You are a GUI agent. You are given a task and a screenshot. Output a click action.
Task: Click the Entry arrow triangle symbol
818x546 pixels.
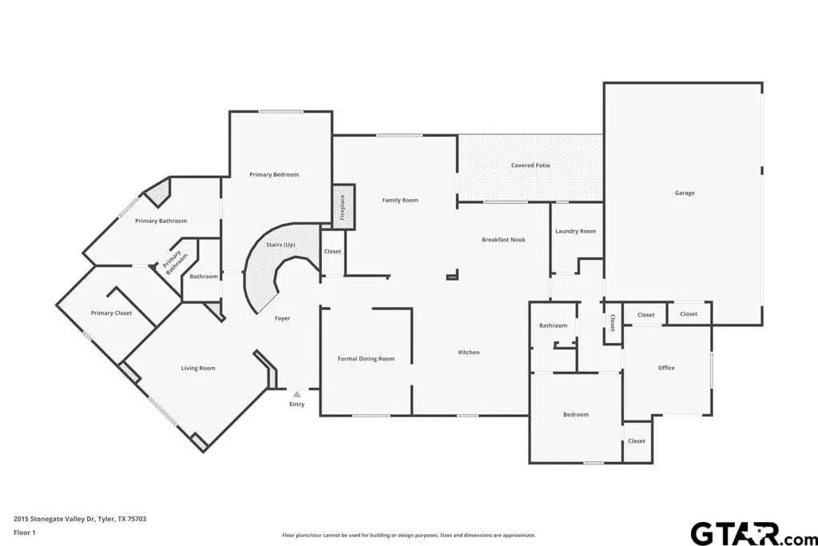(297, 395)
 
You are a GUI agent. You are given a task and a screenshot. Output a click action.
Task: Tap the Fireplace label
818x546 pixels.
(343, 207)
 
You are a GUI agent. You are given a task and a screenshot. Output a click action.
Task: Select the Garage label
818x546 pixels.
(685, 193)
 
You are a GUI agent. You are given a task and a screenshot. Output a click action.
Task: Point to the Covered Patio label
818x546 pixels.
(530, 165)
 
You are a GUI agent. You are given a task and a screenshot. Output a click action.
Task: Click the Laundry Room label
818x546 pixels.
(575, 231)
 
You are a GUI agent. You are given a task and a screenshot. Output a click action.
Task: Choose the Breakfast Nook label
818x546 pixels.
(503, 240)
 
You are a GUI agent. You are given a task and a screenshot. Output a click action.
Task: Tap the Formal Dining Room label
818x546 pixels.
(366, 359)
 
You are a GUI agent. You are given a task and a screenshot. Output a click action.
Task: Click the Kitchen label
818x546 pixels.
(468, 353)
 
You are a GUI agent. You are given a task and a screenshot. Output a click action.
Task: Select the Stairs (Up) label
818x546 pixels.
(280, 245)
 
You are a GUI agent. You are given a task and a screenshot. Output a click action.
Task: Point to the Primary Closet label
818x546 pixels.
(111, 313)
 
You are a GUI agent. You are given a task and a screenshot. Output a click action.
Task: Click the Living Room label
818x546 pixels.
(198, 368)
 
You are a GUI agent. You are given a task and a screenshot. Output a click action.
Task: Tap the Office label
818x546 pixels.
(666, 368)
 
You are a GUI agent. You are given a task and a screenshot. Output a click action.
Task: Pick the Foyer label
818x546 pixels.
(282, 318)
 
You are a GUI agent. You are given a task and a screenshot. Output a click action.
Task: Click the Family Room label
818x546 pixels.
(400, 200)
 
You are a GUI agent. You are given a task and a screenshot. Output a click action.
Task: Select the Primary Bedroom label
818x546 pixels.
(274, 175)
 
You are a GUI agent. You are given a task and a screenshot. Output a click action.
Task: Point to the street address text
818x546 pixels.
(80, 519)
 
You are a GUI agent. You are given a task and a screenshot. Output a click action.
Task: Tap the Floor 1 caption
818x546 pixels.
(25, 532)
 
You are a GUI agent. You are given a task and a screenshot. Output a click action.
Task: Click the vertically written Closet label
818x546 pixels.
(613, 323)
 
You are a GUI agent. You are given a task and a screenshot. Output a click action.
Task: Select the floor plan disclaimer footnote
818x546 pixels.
(408, 535)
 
